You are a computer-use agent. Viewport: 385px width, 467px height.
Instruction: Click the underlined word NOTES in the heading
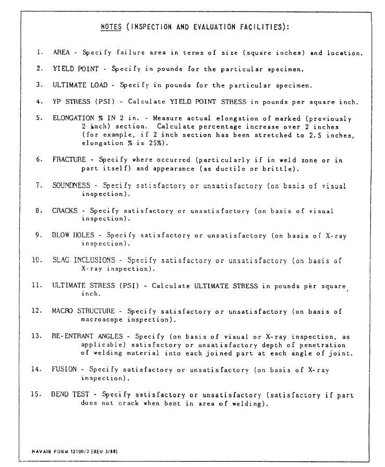[x=111, y=27]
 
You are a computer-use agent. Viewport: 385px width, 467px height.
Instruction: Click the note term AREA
[x=61, y=53]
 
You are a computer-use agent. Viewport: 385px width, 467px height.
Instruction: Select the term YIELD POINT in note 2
[x=71, y=69]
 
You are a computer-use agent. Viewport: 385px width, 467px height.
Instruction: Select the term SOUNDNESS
[x=71, y=186]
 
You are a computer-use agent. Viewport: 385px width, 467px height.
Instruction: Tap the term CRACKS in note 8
[x=65, y=211]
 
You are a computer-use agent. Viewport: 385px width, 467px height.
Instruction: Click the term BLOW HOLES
[x=73, y=236]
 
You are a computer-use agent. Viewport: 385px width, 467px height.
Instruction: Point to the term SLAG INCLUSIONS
[x=83, y=261]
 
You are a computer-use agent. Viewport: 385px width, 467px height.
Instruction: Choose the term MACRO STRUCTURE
[x=83, y=311]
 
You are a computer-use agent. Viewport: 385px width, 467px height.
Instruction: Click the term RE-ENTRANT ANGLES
[x=86, y=336]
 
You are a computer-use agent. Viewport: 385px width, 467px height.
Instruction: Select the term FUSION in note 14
[x=64, y=370]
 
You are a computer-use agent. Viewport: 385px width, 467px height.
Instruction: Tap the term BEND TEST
[x=70, y=395]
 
